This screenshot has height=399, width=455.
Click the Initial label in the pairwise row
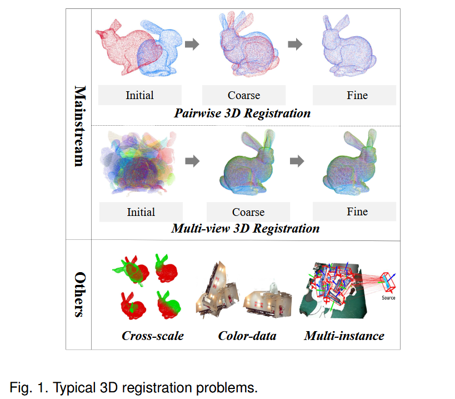pyautogui.click(x=139, y=95)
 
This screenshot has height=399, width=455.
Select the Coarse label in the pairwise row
pyautogui.click(x=244, y=95)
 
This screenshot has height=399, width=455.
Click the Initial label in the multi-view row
pyautogui.click(x=141, y=212)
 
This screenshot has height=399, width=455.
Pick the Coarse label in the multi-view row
pyautogui.click(x=248, y=212)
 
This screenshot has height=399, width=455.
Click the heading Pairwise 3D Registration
pyautogui.click(x=242, y=113)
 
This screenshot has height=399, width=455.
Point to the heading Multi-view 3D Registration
pyautogui.click(x=246, y=228)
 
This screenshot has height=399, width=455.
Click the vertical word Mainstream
pyautogui.click(x=79, y=126)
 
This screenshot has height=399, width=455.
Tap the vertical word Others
pyautogui.click(x=79, y=294)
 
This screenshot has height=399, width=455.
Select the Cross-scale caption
pyautogui.click(x=153, y=336)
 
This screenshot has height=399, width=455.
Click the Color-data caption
pyautogui.click(x=247, y=336)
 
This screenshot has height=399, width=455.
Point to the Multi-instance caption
pyautogui.click(x=344, y=336)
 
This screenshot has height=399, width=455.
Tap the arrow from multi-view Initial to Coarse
pyautogui.click(x=192, y=161)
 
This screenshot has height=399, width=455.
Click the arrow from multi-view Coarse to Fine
pyautogui.click(x=297, y=161)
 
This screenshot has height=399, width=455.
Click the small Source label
pyautogui.click(x=388, y=298)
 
